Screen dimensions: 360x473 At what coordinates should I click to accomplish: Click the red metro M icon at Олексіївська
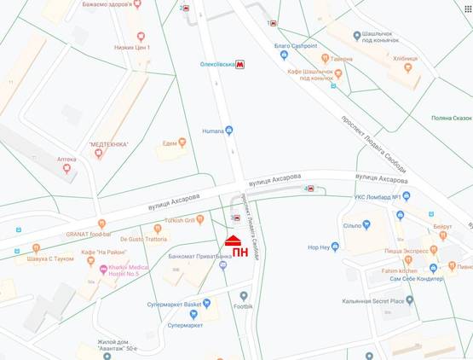[x=240, y=64]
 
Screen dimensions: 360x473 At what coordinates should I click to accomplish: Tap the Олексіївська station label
[x=211, y=64]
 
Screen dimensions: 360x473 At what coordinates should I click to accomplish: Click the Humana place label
[x=212, y=131]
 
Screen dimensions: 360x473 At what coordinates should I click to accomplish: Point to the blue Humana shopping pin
[x=229, y=131]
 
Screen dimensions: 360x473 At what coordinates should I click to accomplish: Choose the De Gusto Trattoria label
[x=143, y=239]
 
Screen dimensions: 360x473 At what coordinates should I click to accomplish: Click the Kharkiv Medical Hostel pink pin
[x=104, y=270]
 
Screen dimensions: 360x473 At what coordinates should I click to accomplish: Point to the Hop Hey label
[x=318, y=247]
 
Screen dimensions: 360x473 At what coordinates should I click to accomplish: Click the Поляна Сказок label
[x=451, y=118]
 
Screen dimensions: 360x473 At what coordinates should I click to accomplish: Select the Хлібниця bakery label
[x=406, y=59]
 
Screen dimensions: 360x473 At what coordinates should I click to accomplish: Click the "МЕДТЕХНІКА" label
[x=108, y=144]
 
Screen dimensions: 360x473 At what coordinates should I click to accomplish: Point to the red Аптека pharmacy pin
[x=66, y=168]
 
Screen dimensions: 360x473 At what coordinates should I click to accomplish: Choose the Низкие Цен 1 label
[x=132, y=48]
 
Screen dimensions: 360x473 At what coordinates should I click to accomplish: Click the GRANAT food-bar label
[x=89, y=233]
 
